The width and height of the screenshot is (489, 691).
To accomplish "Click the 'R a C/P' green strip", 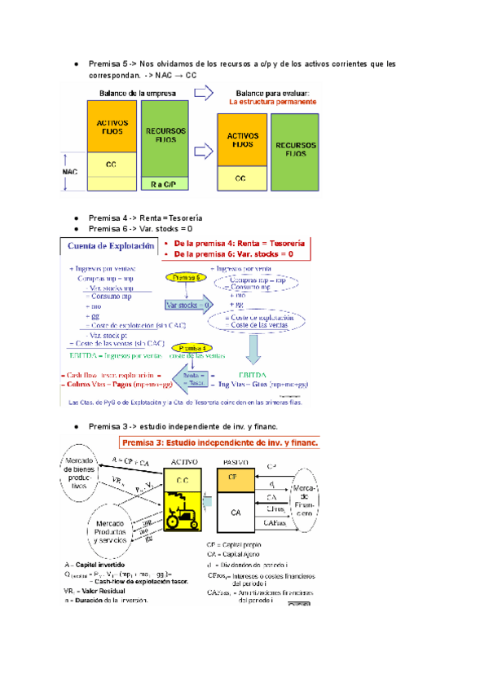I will pos(169,185).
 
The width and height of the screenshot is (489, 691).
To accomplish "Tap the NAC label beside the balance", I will pos(70,172).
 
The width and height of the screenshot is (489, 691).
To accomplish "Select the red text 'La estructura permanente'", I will pos(272,103).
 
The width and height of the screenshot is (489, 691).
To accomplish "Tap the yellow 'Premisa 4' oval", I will pos(187,345).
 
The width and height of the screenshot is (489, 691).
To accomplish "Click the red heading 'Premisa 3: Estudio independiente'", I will pos(221,442).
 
